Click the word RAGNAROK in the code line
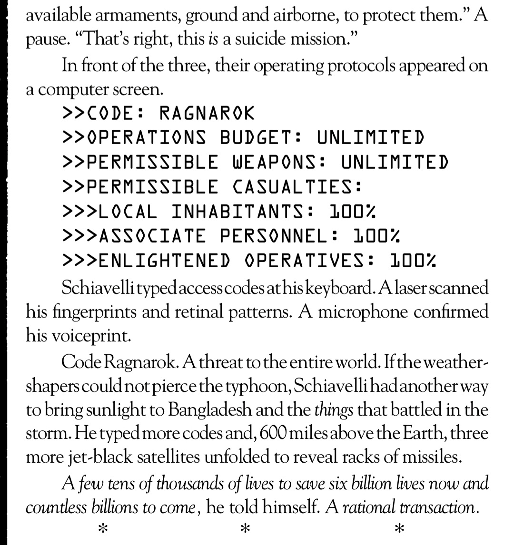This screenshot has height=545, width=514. coord(207,114)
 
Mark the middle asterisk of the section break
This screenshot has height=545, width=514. coord(245,528)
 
